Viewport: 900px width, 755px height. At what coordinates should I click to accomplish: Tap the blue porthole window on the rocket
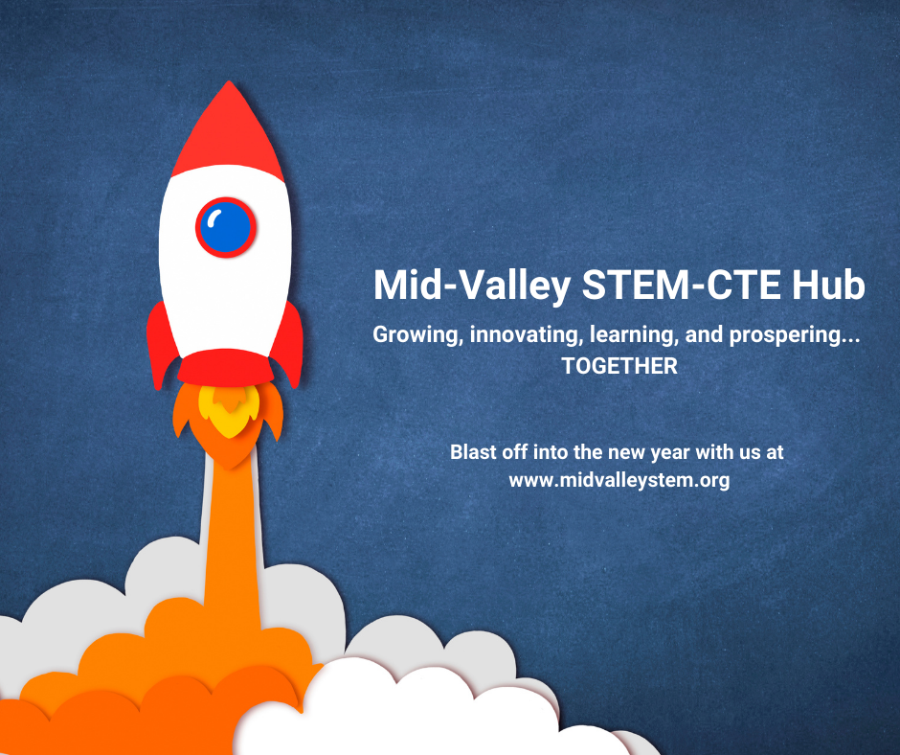click(226, 227)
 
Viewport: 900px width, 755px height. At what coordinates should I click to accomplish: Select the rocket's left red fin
click(161, 345)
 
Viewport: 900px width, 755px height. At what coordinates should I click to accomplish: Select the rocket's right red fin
click(289, 344)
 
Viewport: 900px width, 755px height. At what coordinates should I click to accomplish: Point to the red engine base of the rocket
click(226, 367)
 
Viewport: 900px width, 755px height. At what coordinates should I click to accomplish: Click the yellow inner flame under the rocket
click(229, 410)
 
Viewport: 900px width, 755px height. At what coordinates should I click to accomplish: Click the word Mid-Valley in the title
click(472, 286)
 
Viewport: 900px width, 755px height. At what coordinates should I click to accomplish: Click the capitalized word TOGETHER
click(619, 366)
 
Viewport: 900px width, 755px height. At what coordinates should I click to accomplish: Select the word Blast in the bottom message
click(474, 452)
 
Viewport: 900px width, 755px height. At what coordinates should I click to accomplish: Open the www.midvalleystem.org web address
click(619, 480)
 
